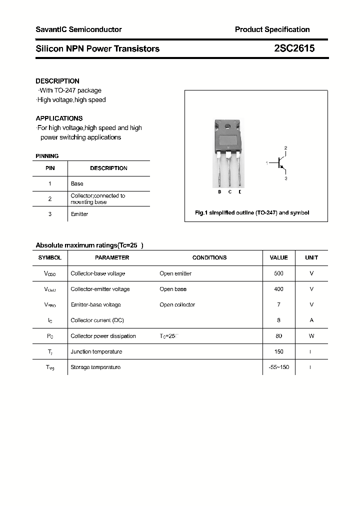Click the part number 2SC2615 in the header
[294, 48]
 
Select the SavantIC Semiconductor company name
[78, 29]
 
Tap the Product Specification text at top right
[272, 29]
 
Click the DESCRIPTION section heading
[57, 81]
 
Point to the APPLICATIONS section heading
[59, 118]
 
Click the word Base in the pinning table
[77, 183]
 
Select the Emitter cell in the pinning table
[79, 214]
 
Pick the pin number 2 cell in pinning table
[50, 199]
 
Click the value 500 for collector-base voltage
[278, 273]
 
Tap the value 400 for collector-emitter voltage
[278, 289]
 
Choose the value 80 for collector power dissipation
[278, 336]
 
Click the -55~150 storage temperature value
[278, 367]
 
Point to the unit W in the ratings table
[311, 336]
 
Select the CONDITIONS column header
[209, 257]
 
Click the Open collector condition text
[177, 304]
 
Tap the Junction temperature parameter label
[96, 351]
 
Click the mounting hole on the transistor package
[229, 125]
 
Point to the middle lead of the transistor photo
[229, 170]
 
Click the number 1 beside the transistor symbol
[267, 163]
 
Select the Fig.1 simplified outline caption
[251, 212]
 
